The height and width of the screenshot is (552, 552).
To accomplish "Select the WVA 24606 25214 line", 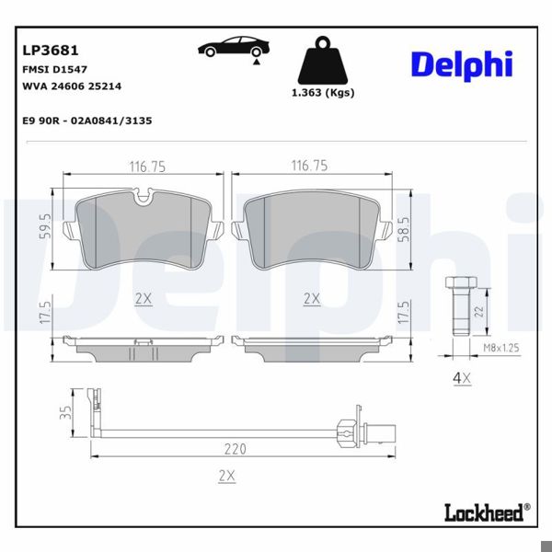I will (x=70, y=86).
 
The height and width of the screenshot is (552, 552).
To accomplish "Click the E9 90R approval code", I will (x=86, y=121).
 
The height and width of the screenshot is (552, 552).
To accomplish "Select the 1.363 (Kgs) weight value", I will (x=322, y=93).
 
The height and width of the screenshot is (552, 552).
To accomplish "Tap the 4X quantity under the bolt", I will (x=461, y=377).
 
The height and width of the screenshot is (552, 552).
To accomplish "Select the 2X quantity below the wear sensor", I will (x=226, y=475).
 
